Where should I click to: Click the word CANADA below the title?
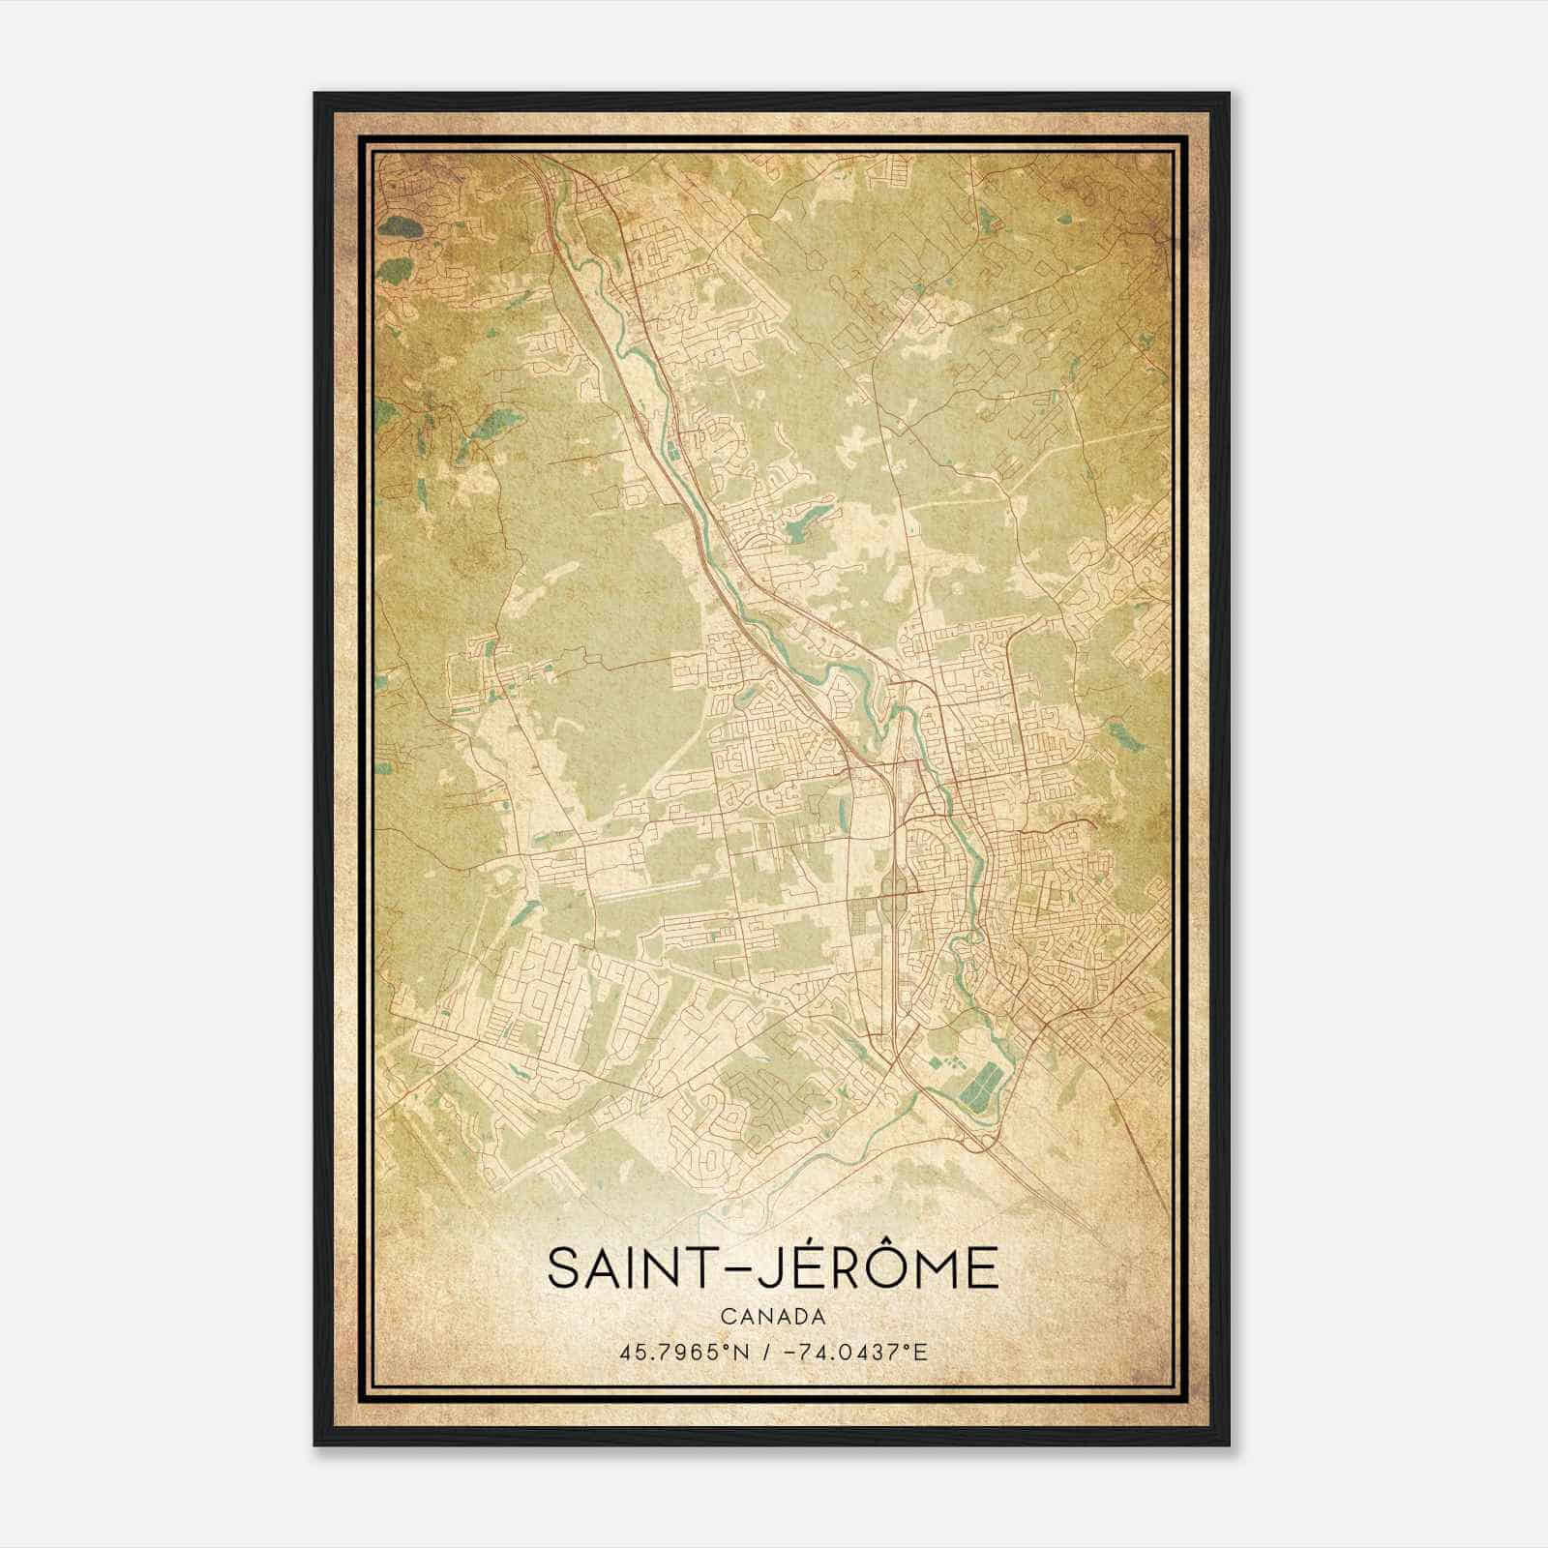(773, 1317)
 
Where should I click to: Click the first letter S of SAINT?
(561, 1268)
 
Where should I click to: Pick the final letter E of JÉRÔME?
(982, 1268)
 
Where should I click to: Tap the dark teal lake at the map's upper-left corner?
(400, 228)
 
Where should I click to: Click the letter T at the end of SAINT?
(703, 1268)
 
